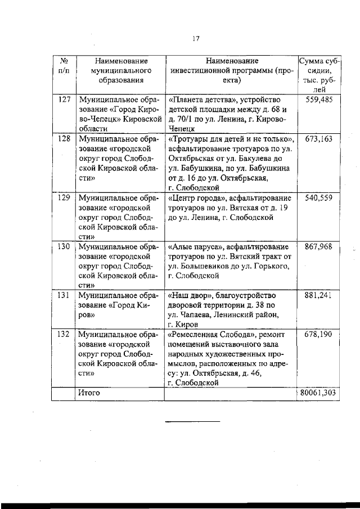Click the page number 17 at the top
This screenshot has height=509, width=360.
pos(196,39)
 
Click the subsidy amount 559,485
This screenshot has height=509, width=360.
pos(318,100)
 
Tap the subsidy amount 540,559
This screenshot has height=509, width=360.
pos(318,198)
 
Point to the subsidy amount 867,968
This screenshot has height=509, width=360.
pos(318,246)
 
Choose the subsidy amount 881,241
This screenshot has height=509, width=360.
pos(318,295)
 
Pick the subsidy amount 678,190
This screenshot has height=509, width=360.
pos(318,334)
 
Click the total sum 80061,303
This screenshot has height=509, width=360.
pos(317,393)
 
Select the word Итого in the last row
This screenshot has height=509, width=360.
pos(89,393)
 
